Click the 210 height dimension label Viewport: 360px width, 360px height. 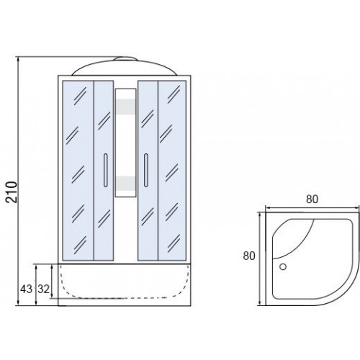(x=12, y=192)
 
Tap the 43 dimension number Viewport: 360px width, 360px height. (x=26, y=289)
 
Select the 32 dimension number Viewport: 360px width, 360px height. (x=43, y=289)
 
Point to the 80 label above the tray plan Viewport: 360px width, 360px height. (x=312, y=199)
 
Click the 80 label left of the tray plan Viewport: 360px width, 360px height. (x=249, y=256)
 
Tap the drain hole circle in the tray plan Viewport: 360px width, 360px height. (x=283, y=266)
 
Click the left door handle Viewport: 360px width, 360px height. (x=106, y=170)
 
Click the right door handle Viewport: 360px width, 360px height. (x=146, y=170)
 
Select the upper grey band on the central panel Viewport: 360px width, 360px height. (x=125, y=107)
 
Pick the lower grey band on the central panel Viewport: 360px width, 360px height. (x=125, y=184)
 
